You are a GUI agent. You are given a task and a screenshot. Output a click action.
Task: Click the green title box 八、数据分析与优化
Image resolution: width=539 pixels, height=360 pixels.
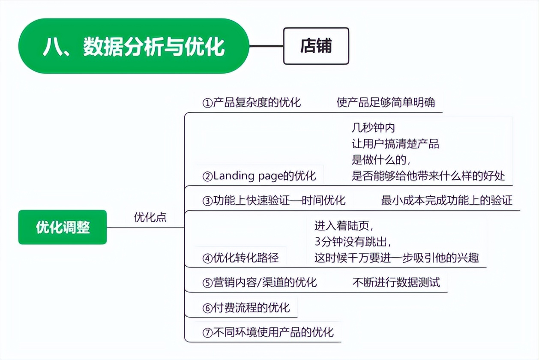(x=133, y=46)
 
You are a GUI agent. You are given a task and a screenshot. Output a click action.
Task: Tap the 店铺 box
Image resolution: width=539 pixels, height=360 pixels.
(x=316, y=46)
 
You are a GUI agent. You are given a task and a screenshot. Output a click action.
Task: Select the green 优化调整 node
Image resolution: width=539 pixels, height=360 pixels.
(x=63, y=227)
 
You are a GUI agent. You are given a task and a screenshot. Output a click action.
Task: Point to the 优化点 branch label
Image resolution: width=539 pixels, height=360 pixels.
(x=150, y=217)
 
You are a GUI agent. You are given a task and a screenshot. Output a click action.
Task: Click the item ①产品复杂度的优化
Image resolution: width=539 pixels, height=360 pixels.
(x=252, y=102)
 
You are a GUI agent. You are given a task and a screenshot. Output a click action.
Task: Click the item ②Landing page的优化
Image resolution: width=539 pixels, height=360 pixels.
(x=259, y=176)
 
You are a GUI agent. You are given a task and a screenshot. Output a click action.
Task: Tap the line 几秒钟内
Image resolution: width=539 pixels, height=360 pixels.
(x=373, y=128)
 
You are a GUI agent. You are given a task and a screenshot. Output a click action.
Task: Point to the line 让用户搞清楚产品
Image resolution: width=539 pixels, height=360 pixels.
(x=395, y=144)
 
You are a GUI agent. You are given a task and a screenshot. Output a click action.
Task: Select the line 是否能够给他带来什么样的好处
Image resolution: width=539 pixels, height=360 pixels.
(x=428, y=176)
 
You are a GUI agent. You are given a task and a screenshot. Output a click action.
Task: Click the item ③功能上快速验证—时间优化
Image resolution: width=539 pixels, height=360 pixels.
(x=274, y=200)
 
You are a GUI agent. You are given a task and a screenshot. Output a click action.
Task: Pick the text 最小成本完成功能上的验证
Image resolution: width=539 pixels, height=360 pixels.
(x=446, y=200)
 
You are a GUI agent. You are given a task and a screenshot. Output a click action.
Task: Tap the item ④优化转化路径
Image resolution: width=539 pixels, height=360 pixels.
(x=240, y=258)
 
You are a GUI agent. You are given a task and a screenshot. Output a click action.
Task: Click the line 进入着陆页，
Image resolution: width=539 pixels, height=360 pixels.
(x=347, y=225)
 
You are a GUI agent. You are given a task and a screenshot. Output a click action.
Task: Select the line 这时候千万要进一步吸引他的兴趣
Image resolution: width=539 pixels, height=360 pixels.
(x=396, y=258)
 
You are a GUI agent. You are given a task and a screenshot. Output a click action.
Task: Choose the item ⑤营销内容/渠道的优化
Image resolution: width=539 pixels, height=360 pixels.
(x=260, y=282)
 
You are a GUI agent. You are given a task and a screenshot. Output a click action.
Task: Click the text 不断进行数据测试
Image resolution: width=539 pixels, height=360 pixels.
(x=396, y=282)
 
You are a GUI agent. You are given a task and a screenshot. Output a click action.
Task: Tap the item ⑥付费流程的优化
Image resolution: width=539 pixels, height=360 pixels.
(x=246, y=307)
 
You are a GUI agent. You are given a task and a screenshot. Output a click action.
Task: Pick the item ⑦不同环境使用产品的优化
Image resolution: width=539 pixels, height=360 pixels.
(x=268, y=332)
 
